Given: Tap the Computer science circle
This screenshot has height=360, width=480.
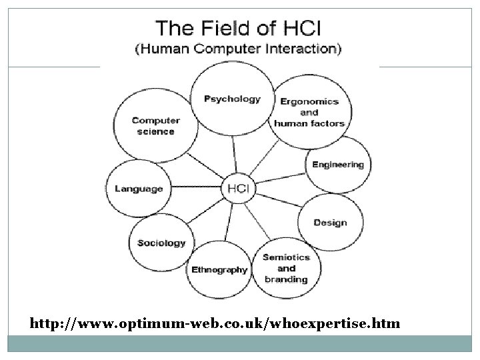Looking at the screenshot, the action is (156, 126).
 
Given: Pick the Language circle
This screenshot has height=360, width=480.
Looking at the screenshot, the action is (139, 189).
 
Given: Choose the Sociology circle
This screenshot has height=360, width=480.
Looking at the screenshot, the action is (161, 243).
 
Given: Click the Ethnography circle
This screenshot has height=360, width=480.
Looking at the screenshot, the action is (219, 269).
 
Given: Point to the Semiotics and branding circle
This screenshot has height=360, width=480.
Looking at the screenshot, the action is (285, 267).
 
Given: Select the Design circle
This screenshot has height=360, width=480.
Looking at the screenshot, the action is (330, 222).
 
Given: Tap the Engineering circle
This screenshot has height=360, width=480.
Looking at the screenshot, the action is (338, 165).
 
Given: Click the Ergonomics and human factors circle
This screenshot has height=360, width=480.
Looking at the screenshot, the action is (309, 112).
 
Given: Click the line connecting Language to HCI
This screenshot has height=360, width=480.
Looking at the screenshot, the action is (197, 189).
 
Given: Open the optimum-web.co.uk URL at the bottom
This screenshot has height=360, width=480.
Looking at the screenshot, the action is (215, 324).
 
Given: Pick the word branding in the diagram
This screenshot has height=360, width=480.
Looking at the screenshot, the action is (285, 279).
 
